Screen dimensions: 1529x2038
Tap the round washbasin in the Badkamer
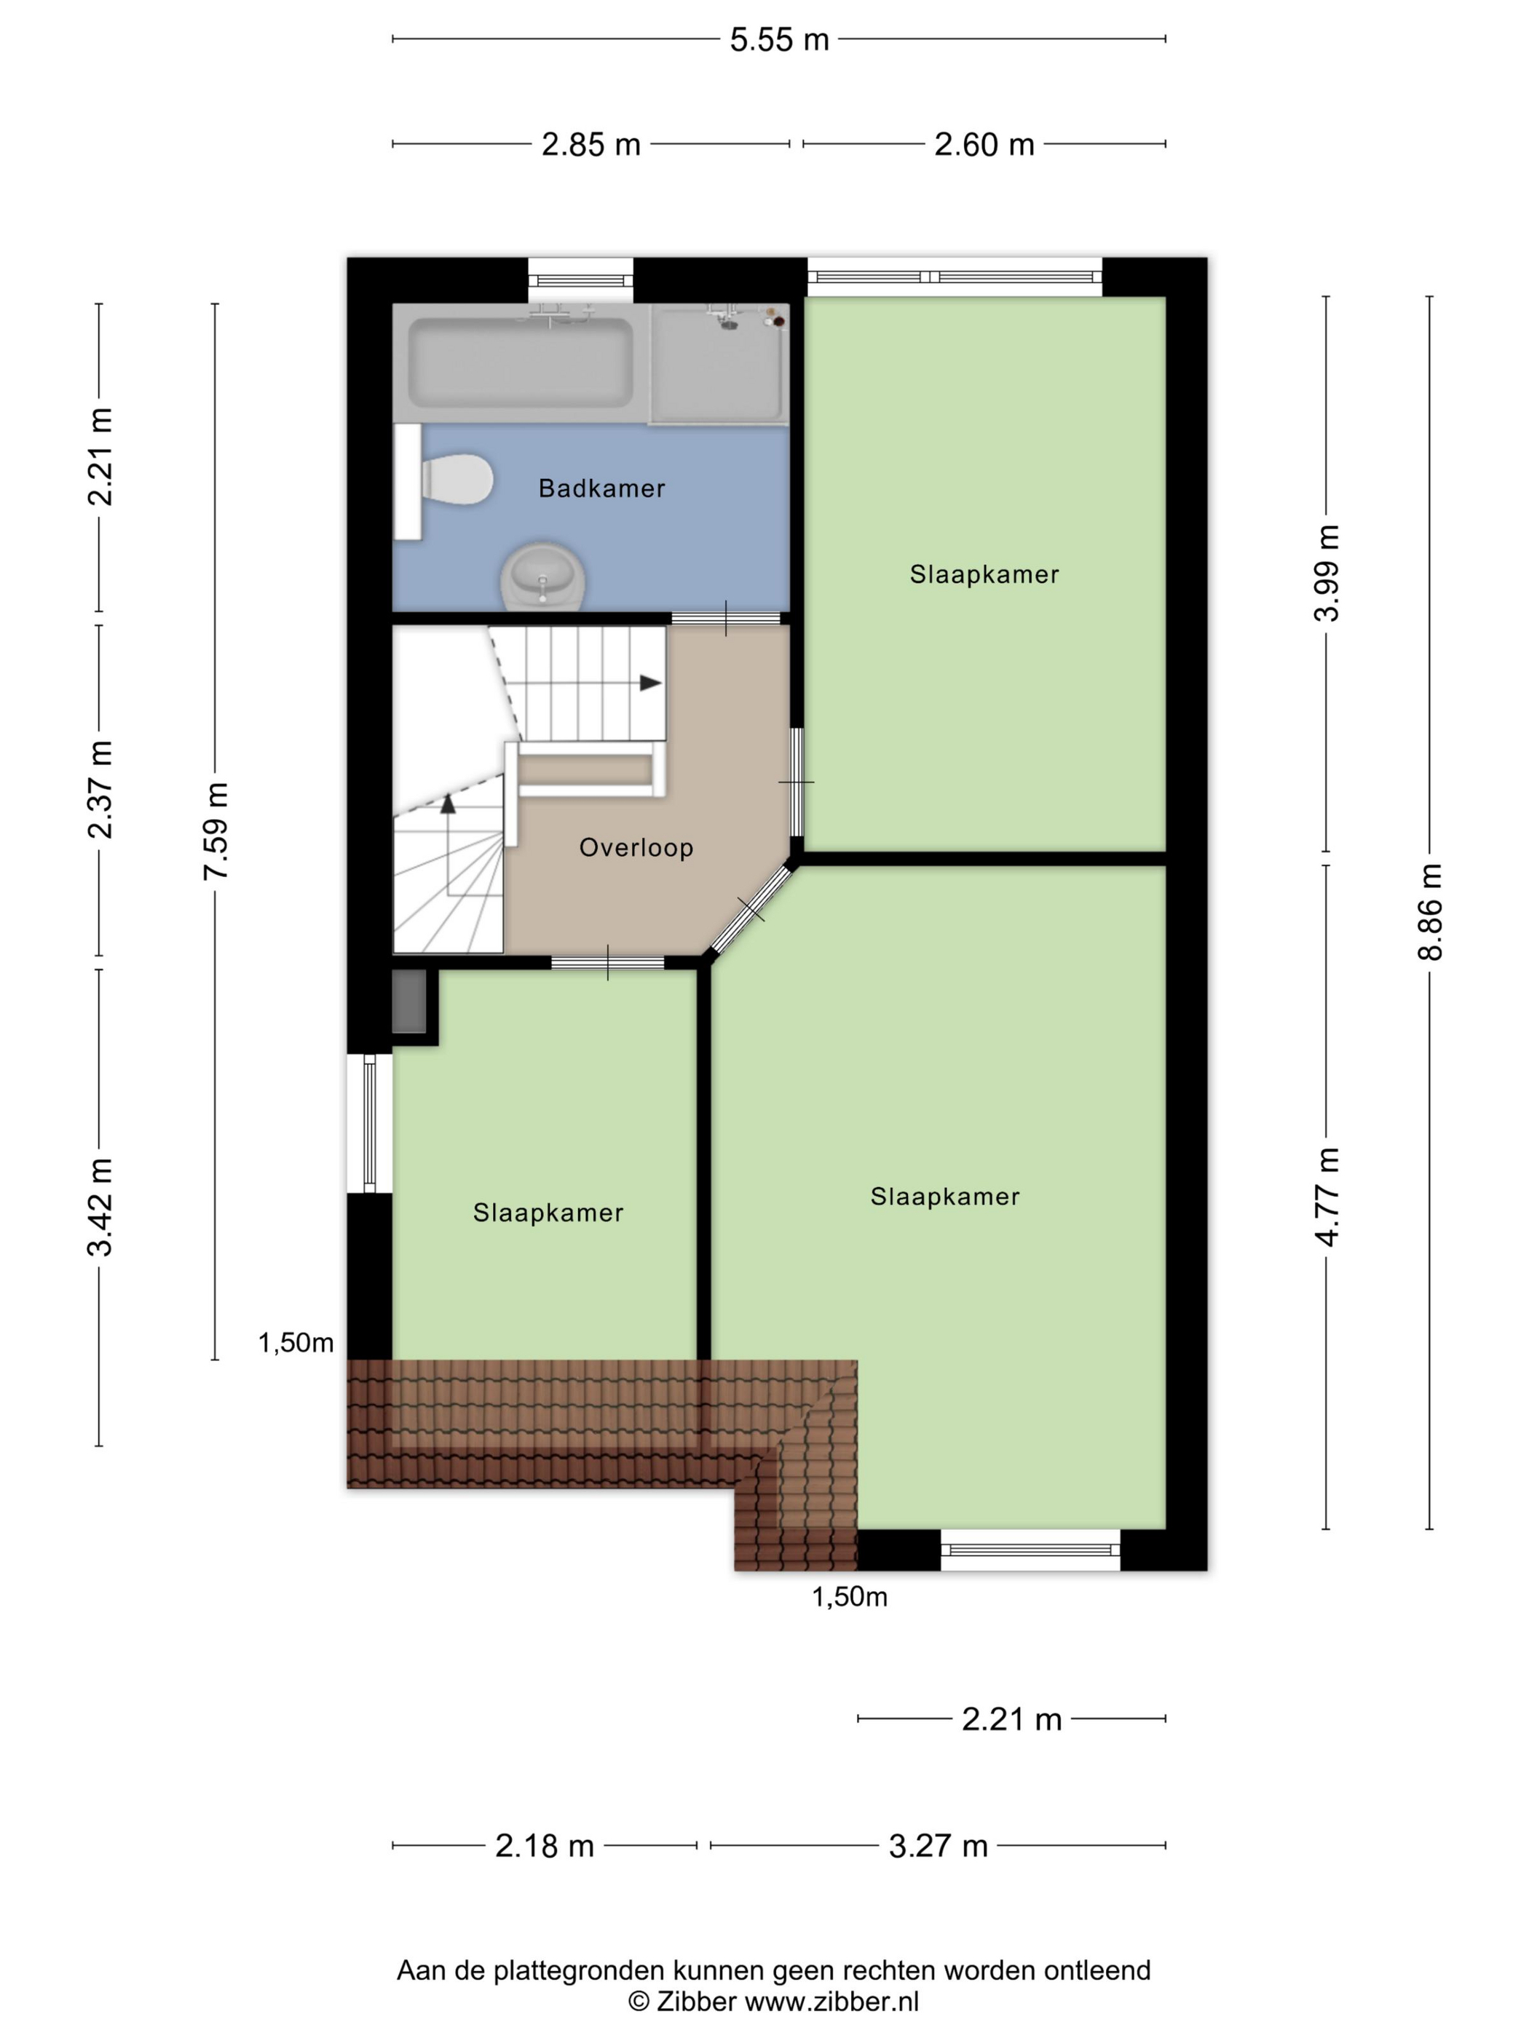543,576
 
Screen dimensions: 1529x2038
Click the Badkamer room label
602,488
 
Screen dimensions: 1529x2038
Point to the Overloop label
636,848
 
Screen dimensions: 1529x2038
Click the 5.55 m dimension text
780,39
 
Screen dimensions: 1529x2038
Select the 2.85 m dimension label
590,145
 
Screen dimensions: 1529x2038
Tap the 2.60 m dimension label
984,145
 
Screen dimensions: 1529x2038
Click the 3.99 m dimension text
1327,573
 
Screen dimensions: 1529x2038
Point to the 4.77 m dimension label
1327,1197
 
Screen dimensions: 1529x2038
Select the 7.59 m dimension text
216,831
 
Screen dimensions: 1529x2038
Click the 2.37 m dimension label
100,790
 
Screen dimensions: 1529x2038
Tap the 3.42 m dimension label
100,1207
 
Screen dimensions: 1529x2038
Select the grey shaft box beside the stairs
409,1001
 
